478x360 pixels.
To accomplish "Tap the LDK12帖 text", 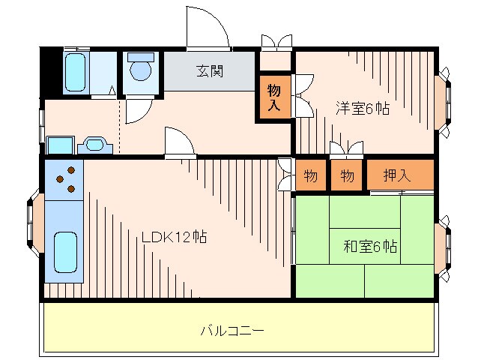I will point(175,238).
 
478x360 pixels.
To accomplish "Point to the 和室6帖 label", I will point(369,246).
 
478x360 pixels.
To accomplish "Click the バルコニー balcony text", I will point(232,329).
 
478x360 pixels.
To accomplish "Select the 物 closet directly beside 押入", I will point(347,176).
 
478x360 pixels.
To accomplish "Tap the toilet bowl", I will point(140,69).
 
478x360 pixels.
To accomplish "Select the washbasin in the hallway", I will point(94,144).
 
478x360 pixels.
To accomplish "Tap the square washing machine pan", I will point(58,145).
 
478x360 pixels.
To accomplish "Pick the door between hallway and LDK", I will point(179,143).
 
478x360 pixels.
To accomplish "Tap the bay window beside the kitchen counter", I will point(34,223).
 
